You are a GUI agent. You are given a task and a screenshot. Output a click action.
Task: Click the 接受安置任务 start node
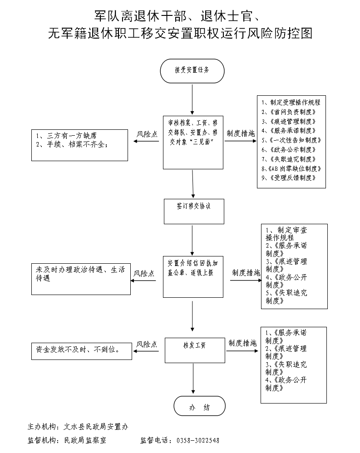pos(192,71)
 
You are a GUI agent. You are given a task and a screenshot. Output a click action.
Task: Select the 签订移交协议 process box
pos(194,211)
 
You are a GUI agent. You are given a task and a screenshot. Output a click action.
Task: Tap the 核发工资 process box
pos(194,350)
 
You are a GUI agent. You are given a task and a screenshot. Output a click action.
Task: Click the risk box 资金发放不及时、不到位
pos(81,350)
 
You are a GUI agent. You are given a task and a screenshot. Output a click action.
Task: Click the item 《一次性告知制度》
pos(291,140)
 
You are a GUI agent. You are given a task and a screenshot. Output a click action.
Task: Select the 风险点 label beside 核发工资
pos(147,344)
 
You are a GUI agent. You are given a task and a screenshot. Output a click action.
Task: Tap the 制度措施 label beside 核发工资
pos(242,343)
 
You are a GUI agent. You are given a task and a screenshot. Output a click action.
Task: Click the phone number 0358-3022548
pos(197,440)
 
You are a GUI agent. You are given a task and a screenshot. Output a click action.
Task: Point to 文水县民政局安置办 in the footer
pos(96,427)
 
